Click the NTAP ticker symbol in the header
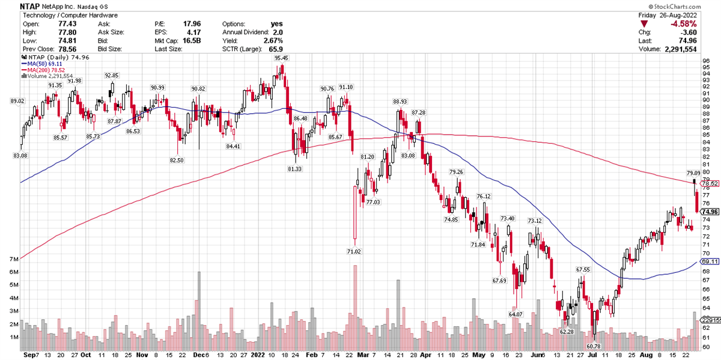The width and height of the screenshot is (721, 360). click(x=13, y=5)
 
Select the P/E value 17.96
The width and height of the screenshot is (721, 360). click(x=192, y=23)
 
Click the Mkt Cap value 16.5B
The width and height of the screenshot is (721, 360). click(x=192, y=40)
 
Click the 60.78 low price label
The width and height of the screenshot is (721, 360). click(x=593, y=346)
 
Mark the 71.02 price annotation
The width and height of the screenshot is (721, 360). click(x=354, y=251)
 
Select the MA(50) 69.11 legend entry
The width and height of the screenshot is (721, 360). click(x=46, y=63)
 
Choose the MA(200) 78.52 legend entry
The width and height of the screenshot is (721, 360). click(x=47, y=70)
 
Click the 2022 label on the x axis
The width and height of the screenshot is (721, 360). click(x=259, y=355)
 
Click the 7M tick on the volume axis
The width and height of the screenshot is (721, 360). click(x=11, y=259)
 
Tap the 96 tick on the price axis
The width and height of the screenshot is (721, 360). click(x=707, y=61)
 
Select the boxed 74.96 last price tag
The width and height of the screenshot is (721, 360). click(x=710, y=212)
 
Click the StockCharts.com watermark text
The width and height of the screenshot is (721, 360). click(x=692, y=5)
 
